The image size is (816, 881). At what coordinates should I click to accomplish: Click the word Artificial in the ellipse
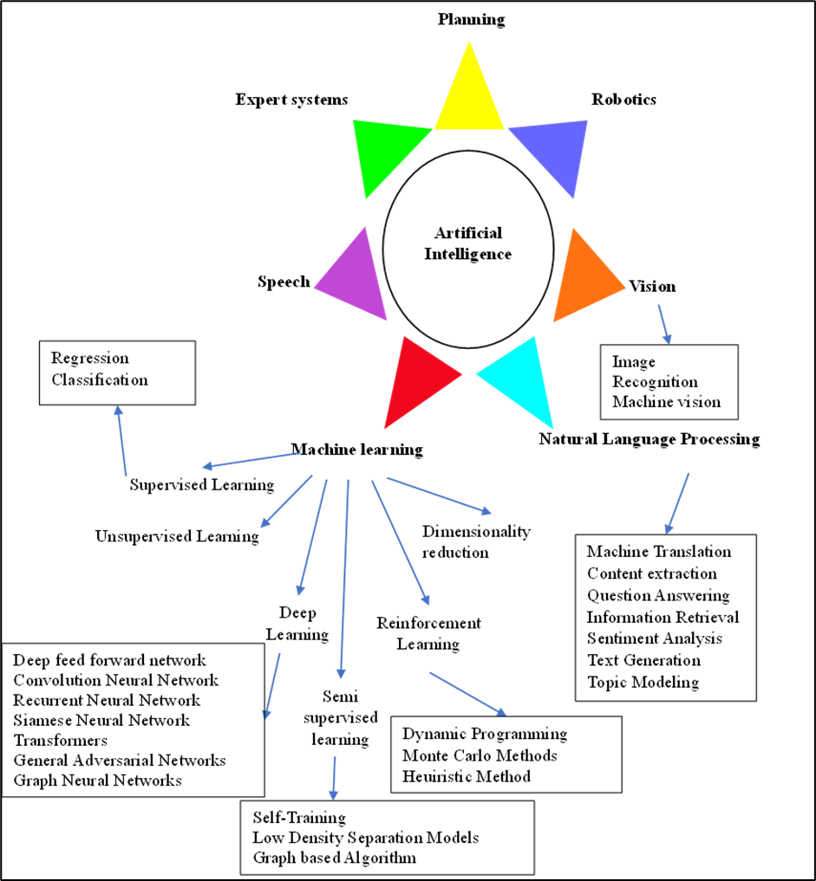point(468,233)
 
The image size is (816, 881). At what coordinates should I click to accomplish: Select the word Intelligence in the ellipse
point(468,255)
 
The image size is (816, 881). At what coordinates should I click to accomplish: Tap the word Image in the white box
point(634,362)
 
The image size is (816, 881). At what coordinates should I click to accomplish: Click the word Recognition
point(655,382)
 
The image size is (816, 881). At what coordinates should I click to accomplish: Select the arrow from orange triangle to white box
point(664,323)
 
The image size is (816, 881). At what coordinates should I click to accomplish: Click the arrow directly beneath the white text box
point(677,502)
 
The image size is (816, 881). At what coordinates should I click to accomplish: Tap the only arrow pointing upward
point(122,440)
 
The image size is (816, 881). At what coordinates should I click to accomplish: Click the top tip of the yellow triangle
point(469,42)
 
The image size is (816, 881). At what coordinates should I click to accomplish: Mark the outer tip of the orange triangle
point(625,288)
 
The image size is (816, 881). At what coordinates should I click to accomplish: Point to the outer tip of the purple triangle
point(314,287)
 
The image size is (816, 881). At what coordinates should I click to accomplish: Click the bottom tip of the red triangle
point(384,428)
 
